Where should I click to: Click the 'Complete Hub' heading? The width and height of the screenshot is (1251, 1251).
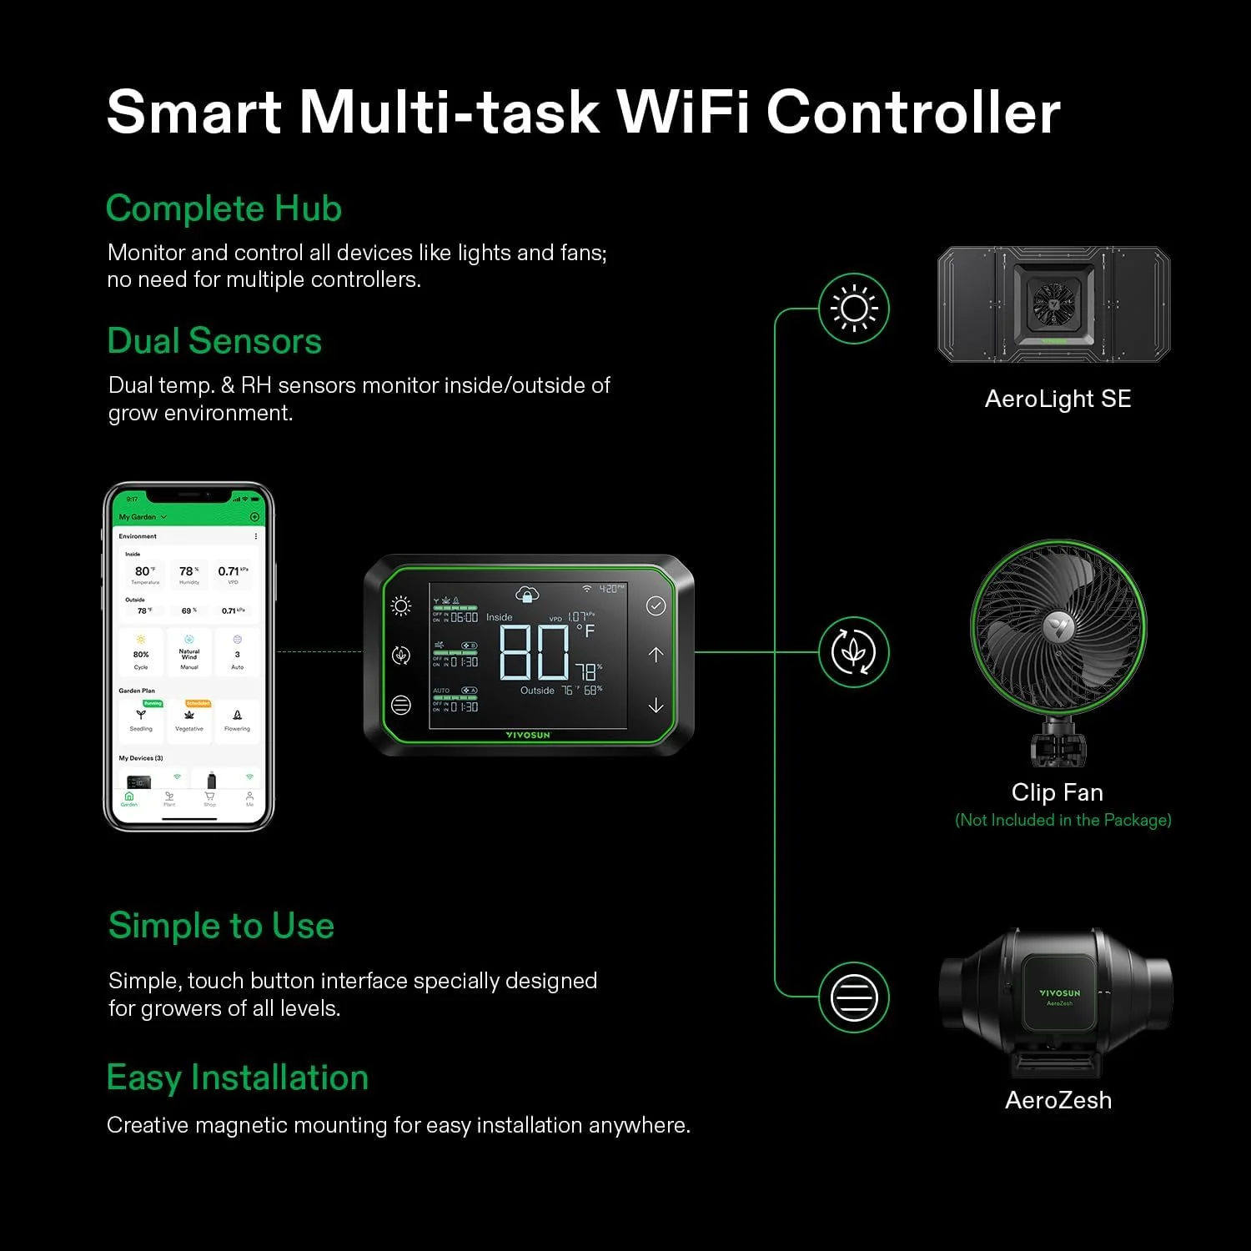(224, 208)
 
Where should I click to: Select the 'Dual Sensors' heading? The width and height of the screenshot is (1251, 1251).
(214, 341)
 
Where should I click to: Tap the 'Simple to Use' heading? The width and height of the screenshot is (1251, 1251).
(221, 926)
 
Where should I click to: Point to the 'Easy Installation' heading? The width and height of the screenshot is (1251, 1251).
(237, 1078)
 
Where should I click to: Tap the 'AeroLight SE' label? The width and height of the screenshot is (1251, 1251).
(1058, 399)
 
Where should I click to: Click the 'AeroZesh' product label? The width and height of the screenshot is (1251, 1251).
(1058, 1100)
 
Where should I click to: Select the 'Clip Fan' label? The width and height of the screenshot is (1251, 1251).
(1057, 792)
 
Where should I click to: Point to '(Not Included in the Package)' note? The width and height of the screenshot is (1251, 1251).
(1063, 820)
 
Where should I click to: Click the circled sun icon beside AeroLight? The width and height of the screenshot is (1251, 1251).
(854, 309)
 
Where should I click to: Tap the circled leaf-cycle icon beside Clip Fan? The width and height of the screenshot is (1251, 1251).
(854, 652)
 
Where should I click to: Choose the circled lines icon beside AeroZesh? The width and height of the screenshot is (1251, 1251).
(854, 997)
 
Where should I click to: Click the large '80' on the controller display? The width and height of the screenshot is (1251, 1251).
(534, 652)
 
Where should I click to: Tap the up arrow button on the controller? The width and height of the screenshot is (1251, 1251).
(656, 655)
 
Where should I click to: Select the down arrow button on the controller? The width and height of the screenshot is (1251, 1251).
(656, 706)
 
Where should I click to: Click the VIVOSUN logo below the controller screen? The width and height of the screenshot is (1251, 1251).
(528, 736)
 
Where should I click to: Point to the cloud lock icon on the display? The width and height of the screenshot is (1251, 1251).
(527, 594)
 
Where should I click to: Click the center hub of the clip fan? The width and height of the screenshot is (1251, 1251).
(1058, 626)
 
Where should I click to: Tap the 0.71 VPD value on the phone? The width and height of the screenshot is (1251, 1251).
(229, 571)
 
